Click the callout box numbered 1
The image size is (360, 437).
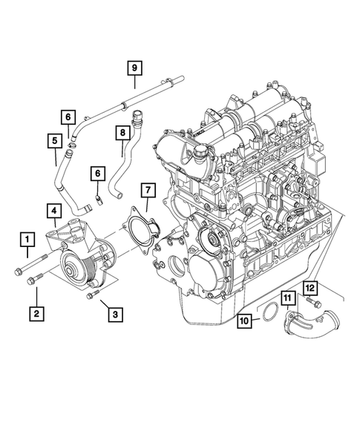click(x=27, y=239)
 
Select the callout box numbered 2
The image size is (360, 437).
click(x=36, y=314)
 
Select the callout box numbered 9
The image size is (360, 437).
click(x=134, y=68)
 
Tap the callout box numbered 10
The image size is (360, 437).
click(x=244, y=321)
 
